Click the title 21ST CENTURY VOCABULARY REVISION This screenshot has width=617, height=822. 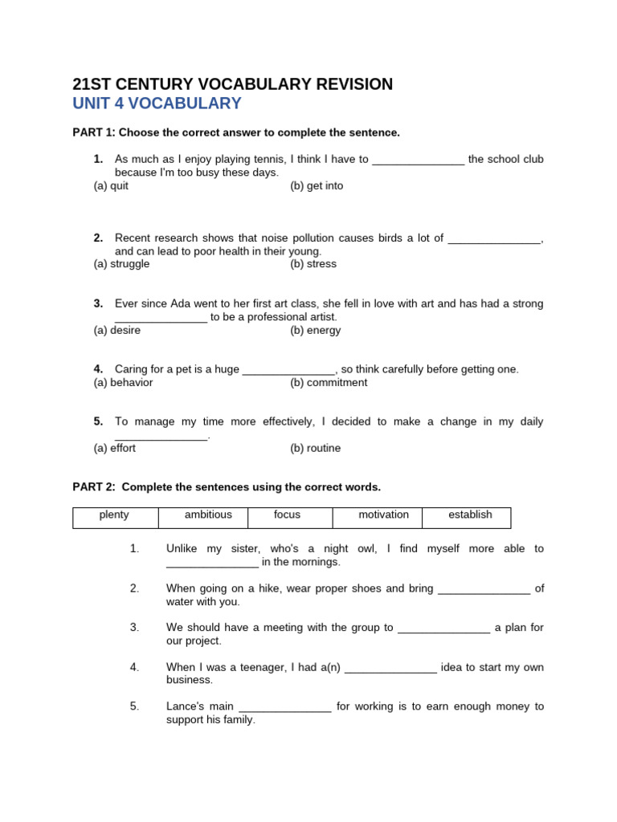coord(232,84)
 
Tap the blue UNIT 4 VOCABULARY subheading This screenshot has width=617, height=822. coord(157,104)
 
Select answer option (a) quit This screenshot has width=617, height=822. coord(111,185)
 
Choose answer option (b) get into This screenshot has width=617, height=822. coord(317,185)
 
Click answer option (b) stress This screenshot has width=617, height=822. coord(313,264)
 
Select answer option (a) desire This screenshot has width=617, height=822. coord(117,330)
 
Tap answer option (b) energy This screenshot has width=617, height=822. coord(316,330)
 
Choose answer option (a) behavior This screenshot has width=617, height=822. coord(123,383)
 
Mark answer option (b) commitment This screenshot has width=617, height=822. coord(329,383)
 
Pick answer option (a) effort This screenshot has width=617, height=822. coord(115,449)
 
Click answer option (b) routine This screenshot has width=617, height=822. coord(316,449)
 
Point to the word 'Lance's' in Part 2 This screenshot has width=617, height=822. coord(189,707)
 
